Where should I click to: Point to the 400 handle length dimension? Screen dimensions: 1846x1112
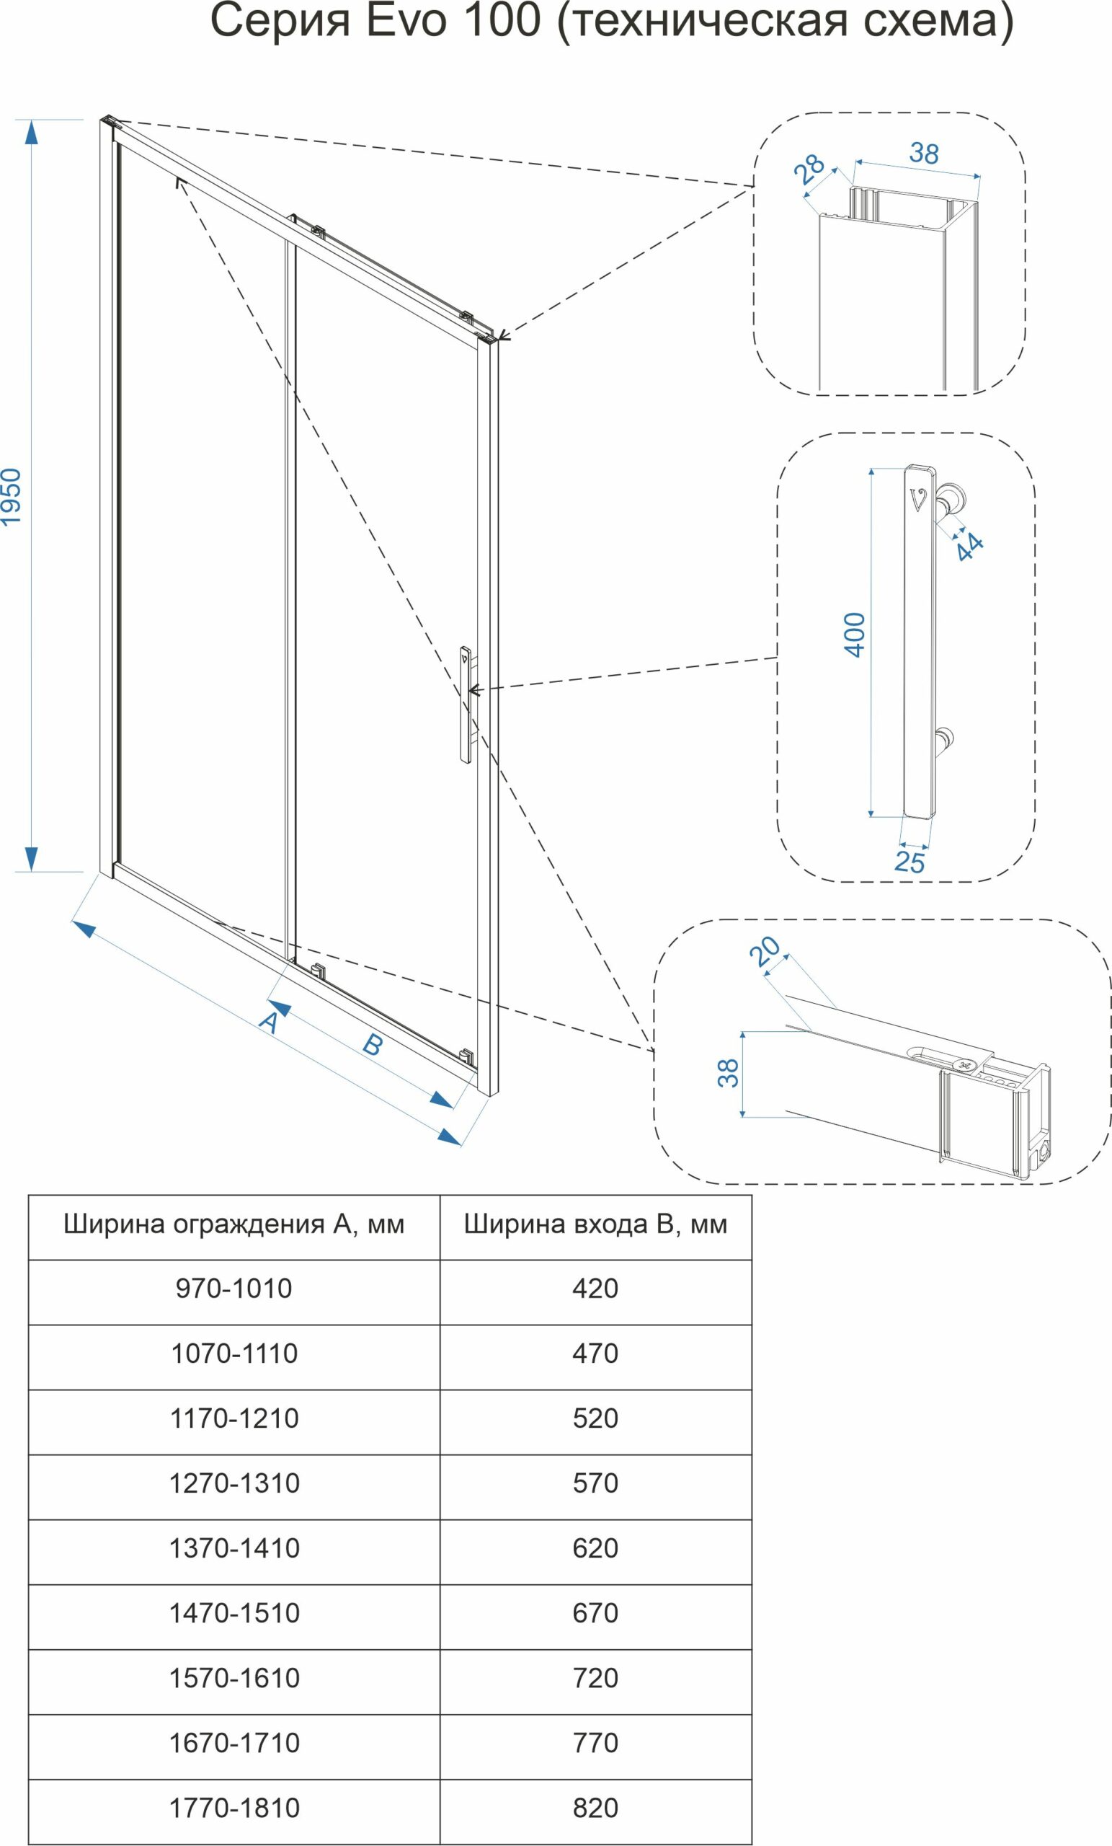click(855, 635)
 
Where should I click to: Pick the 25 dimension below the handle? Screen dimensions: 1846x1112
click(909, 862)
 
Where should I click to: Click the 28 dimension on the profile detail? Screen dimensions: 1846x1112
click(810, 169)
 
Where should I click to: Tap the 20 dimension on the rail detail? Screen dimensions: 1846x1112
click(765, 951)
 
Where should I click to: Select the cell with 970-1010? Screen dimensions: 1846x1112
click(233, 1288)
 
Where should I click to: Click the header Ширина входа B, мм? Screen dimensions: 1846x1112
click(595, 1224)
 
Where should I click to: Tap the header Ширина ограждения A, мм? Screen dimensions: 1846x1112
click(233, 1224)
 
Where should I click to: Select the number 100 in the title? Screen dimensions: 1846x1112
click(502, 21)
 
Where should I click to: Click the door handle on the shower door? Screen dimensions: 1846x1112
click(465, 705)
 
